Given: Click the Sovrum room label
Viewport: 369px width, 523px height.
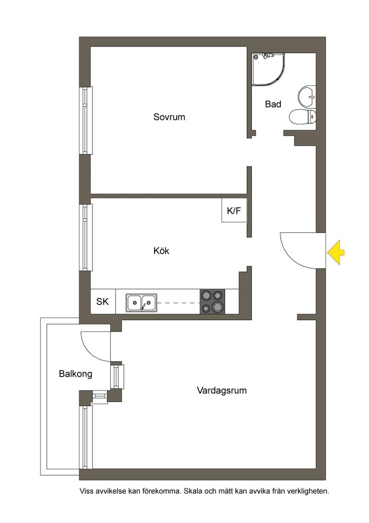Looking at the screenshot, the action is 169,117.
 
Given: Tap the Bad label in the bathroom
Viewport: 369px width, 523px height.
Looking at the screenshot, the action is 273,104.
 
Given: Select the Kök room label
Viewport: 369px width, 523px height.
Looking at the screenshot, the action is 161,251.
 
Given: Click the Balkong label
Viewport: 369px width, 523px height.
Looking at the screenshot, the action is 76,374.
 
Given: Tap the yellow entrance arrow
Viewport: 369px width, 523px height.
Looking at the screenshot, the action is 335,252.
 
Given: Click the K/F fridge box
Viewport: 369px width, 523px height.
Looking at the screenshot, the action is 234,210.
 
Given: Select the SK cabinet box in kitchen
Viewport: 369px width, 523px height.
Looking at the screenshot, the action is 103,301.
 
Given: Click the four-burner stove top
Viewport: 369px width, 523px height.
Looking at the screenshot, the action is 212,301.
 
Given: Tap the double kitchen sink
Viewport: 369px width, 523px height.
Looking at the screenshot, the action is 142,303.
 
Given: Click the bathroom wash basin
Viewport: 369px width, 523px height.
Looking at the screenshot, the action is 307,96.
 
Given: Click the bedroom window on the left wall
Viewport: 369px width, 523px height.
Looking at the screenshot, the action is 86,121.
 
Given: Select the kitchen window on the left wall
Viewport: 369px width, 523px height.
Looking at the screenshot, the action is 86,237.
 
